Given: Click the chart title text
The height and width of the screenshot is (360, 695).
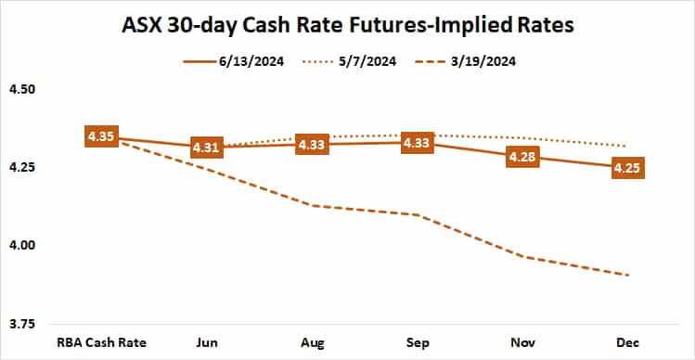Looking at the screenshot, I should pyautogui.click(x=348, y=24).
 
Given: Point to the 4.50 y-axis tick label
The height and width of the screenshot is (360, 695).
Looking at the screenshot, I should pyautogui.click(x=20, y=90).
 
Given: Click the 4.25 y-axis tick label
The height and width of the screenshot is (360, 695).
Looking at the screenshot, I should pyautogui.click(x=20, y=168).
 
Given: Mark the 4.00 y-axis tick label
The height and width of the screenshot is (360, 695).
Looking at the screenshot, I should pyautogui.click(x=20, y=246).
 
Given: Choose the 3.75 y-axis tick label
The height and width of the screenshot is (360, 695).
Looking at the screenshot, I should pyautogui.click(x=20, y=324).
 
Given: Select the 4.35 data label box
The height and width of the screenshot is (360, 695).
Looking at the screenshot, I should pyautogui.click(x=100, y=137).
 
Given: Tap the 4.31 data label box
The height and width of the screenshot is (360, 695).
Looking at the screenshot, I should pyautogui.click(x=206, y=148).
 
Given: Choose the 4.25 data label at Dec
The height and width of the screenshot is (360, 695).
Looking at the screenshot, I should pyautogui.click(x=629, y=168).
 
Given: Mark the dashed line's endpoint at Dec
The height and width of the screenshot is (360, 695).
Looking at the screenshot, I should pyautogui.click(x=629, y=275).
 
